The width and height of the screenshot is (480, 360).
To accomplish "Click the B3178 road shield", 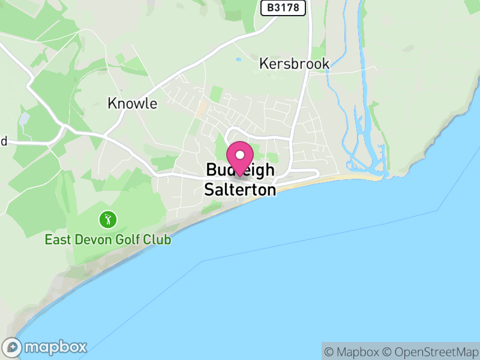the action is point(284,8).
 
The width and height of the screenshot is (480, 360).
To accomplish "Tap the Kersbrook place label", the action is point(294,64).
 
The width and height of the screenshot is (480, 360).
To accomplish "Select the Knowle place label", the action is point(132,103).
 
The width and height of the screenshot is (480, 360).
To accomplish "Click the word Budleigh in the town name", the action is point(240,170).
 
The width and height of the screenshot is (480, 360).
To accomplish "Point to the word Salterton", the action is point(240,190).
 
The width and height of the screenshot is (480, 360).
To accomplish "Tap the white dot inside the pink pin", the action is point(241,155).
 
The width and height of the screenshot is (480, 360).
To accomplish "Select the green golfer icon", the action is point(108,220).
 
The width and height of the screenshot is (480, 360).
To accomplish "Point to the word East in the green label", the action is point(59,240).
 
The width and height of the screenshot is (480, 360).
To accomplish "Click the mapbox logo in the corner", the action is point(46,347).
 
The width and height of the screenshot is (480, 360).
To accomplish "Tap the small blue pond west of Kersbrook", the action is point(239,59).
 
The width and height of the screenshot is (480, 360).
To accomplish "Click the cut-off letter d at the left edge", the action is point(3,142).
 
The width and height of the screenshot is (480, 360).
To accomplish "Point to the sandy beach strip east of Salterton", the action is point(336,178).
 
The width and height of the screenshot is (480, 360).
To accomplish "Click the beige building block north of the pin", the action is point(202,110).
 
